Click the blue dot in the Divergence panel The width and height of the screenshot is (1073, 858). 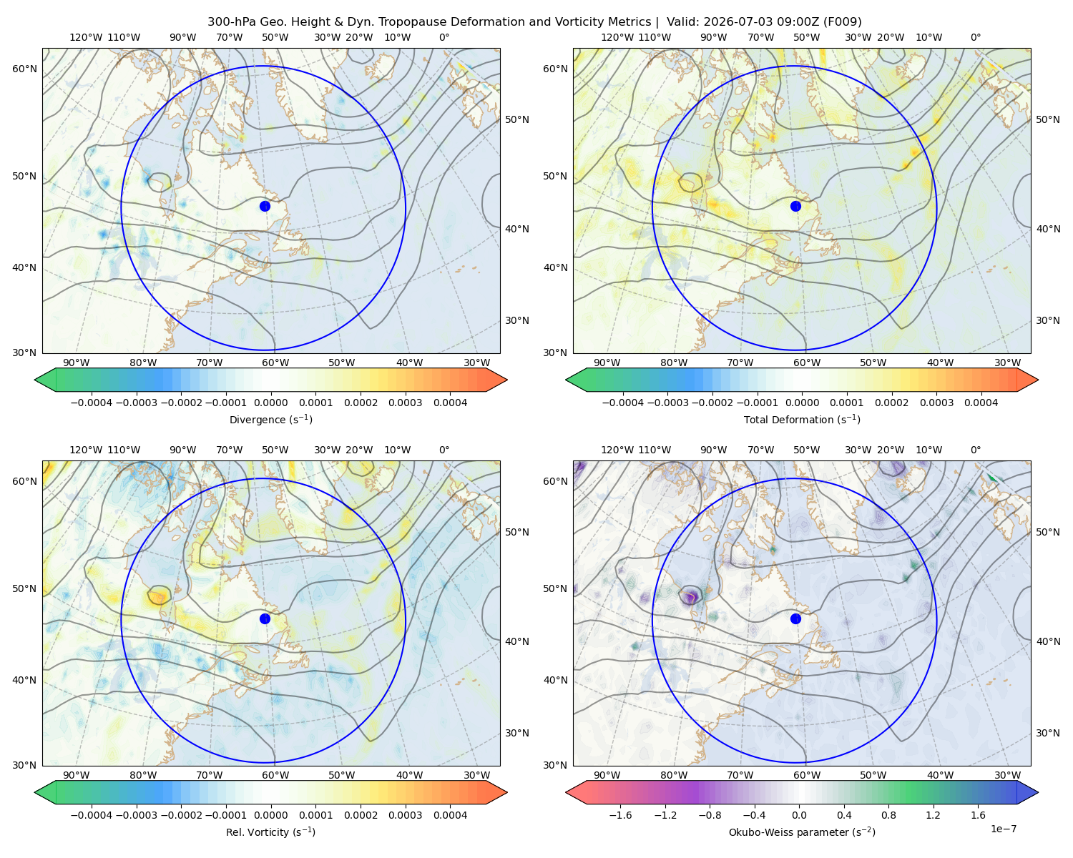(x=265, y=206)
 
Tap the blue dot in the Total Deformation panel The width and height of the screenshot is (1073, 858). (x=795, y=206)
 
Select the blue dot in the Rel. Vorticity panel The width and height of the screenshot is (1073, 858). (x=265, y=618)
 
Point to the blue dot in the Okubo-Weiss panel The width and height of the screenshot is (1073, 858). (x=795, y=618)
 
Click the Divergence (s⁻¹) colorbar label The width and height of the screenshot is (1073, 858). (x=270, y=419)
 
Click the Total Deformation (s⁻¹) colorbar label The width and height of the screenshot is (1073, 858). (x=802, y=419)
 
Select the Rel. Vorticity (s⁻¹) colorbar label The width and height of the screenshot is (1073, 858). (x=270, y=832)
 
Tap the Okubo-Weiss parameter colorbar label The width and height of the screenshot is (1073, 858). (x=802, y=832)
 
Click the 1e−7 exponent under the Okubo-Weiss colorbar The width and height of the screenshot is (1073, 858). (x=1003, y=829)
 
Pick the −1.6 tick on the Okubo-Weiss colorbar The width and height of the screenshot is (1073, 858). (x=620, y=814)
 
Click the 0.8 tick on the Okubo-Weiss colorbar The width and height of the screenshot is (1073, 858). (x=888, y=814)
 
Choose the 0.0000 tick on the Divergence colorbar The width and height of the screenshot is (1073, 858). (x=270, y=403)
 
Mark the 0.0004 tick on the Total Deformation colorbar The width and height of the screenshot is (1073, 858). (x=981, y=403)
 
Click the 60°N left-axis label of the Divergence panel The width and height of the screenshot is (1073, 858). (x=24, y=69)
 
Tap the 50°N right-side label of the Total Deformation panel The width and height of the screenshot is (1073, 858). (x=1047, y=119)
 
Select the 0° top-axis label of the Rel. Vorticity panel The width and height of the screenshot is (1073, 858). (x=444, y=449)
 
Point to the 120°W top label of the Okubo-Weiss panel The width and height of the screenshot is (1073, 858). (x=617, y=449)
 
